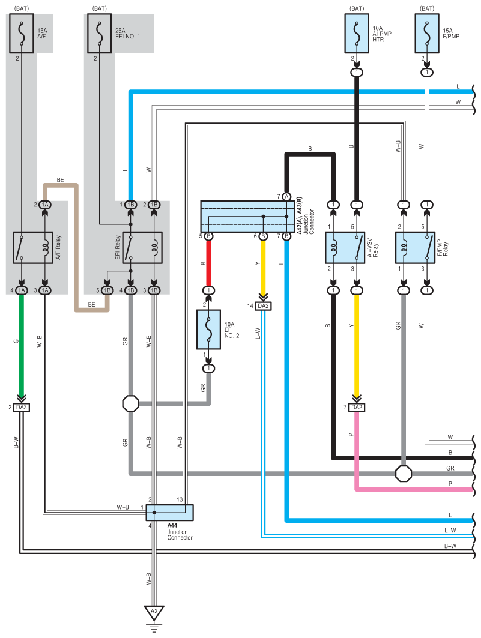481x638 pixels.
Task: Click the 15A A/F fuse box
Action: coord(22,34)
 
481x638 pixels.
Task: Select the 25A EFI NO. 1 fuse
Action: coord(100,34)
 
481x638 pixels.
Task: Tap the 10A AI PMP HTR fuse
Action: coord(357,34)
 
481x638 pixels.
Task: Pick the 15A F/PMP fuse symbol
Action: coord(427,34)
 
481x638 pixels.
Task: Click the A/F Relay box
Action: coord(34,248)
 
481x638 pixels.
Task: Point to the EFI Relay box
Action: coord(142,248)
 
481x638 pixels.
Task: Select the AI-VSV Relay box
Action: coord(345,248)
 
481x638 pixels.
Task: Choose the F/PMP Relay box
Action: coord(415,248)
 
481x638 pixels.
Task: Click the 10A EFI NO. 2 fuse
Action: coord(209,330)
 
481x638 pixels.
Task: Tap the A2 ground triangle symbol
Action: coord(154,612)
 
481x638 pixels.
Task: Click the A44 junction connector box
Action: coord(170,513)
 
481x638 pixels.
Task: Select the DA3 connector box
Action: coord(22,408)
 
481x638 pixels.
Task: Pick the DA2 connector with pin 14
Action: coord(263,306)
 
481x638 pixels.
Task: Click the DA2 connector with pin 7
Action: coord(357,408)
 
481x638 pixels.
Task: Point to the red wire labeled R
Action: coord(209,263)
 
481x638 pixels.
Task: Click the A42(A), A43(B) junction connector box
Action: coord(247,217)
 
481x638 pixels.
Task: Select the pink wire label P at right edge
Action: coord(450,484)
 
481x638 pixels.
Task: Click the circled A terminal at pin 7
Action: coord(286,197)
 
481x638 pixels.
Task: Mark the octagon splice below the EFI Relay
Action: coord(131,403)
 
